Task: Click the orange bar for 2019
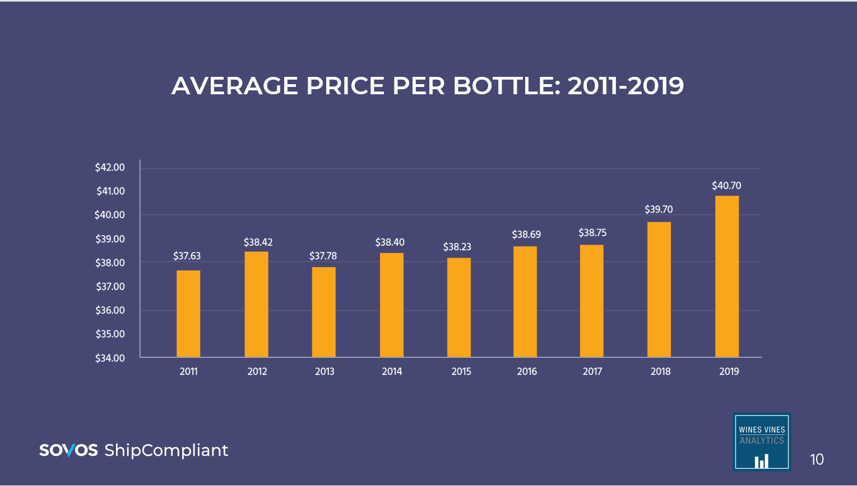coord(727,276)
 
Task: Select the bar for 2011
coord(188,314)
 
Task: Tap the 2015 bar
coord(459,308)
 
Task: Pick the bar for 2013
coord(324,312)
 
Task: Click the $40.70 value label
coord(726,186)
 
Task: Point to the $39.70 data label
coord(659,209)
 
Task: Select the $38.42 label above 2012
coord(258,242)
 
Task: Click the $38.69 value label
coord(526,235)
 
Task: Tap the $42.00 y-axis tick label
coord(110,167)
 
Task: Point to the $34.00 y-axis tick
coord(110,358)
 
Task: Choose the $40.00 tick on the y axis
coord(110,215)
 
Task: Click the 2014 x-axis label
coord(392,372)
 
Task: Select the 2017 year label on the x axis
coord(592,372)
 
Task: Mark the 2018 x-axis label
coord(660,372)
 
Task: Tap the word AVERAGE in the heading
coord(235,86)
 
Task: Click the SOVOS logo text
coord(68,450)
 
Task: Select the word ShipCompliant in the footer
coord(166,451)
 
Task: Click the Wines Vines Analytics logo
coord(762,442)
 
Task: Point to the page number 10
coord(817,460)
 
